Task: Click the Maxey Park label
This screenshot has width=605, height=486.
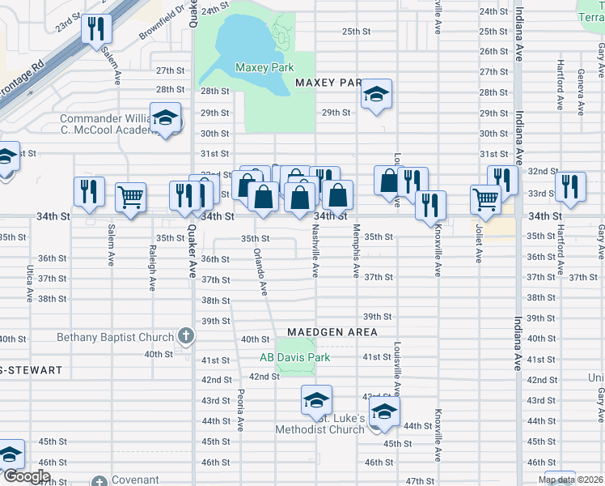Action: pos(264,67)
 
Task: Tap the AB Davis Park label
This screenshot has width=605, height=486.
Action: pos(295,356)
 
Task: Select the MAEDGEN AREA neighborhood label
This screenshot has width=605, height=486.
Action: pos(332,332)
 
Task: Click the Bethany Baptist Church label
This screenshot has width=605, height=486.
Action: pos(115,337)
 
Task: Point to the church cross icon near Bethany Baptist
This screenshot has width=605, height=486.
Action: pos(186,336)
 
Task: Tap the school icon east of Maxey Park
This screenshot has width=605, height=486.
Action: pos(375,96)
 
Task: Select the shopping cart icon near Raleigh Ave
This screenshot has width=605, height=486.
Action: pos(130,196)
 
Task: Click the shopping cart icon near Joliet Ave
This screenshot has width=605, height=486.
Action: pos(485,198)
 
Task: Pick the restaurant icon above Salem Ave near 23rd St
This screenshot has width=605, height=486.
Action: pos(97,29)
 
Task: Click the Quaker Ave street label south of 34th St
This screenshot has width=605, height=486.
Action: pos(192,252)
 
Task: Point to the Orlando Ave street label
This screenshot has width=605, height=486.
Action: pos(260,269)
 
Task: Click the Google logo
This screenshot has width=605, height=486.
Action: pos(27,476)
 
